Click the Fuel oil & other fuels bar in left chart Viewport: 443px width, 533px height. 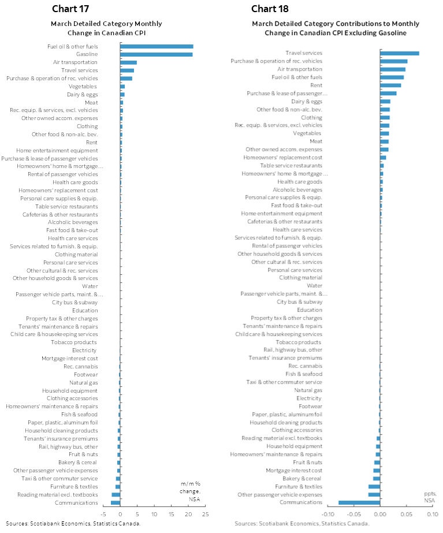point(157,46)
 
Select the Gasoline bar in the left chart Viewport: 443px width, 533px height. point(157,54)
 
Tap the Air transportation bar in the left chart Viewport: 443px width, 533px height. point(128,62)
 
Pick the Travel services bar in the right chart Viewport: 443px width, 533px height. point(400,53)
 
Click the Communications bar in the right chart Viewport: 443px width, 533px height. point(359,502)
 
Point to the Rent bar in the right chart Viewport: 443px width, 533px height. point(390,85)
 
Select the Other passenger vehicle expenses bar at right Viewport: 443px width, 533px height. point(374,494)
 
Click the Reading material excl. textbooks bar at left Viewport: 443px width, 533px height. point(116,495)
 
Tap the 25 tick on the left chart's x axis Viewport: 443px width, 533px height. point(206,513)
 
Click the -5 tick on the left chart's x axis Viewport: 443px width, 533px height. point(103,513)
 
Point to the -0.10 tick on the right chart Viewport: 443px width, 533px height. point(327,513)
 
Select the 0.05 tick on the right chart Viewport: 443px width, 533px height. point(407,513)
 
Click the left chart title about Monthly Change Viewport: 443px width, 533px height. point(106,28)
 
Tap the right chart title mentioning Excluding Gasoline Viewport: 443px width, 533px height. point(336,28)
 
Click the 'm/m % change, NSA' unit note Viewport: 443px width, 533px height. point(190,491)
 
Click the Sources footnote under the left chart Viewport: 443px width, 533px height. point(73,524)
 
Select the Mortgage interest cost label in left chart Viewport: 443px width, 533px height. point(69,358)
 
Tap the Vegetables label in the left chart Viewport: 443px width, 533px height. point(83,87)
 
